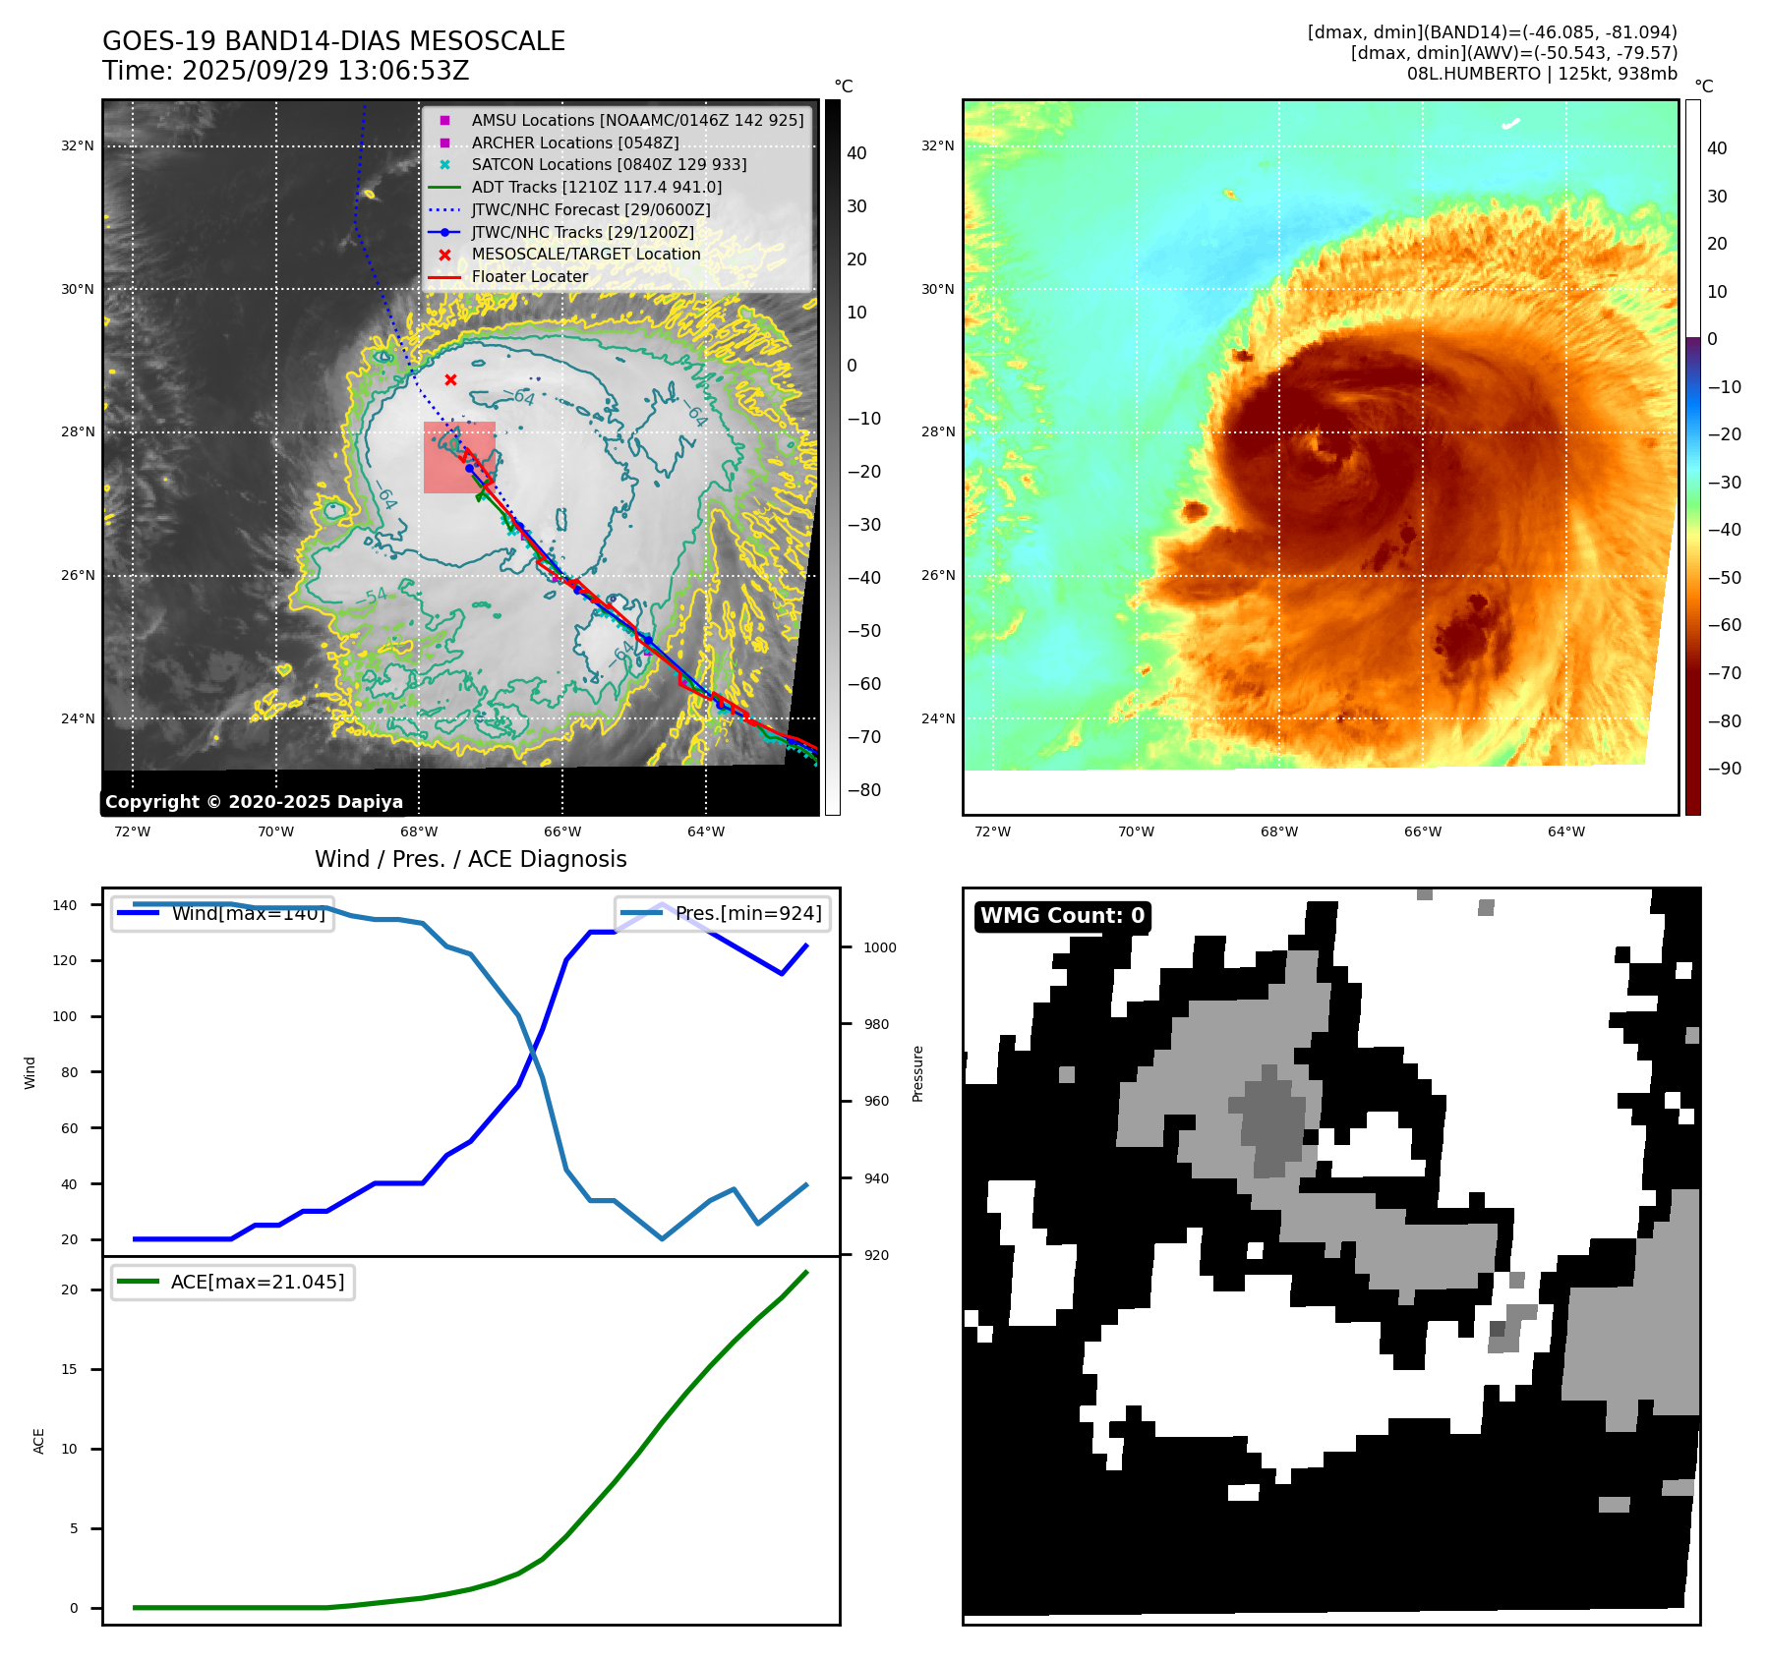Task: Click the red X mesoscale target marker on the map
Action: tap(450, 379)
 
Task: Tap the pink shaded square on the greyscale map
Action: tap(459, 458)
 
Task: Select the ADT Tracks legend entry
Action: tap(596, 187)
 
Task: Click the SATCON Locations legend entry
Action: tap(609, 164)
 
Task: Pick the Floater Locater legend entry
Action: tap(529, 276)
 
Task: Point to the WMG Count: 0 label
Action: tap(1062, 916)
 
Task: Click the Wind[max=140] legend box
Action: tap(222, 913)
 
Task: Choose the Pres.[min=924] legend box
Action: tap(723, 913)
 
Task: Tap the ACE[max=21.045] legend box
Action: tap(233, 1282)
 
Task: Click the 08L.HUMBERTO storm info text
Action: tap(1542, 74)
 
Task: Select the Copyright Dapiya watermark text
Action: tap(254, 802)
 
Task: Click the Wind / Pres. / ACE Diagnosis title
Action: tap(470, 859)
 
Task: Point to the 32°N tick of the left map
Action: tap(78, 146)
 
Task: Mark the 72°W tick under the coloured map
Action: tap(992, 831)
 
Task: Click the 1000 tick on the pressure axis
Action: tap(880, 947)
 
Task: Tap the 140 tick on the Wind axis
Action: tap(65, 905)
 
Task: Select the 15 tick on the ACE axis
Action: tap(69, 1369)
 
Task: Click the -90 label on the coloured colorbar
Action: tap(1725, 769)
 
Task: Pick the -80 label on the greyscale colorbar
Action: tap(864, 790)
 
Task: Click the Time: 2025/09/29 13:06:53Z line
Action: tap(286, 71)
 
